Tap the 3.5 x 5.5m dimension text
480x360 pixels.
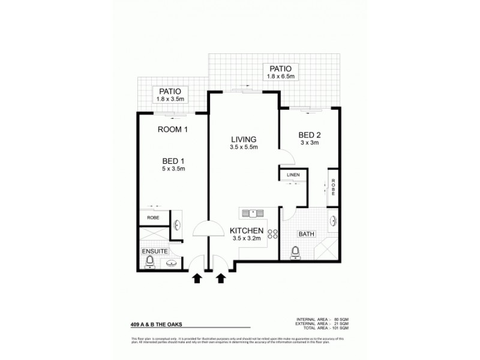[244, 147]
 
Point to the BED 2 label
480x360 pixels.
[310, 135]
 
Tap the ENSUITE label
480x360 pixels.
[154, 251]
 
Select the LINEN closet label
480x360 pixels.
[293, 175]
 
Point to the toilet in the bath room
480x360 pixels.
[295, 253]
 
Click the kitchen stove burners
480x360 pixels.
[273, 235]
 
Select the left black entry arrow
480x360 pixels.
[196, 278]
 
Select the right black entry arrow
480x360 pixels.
[220, 278]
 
